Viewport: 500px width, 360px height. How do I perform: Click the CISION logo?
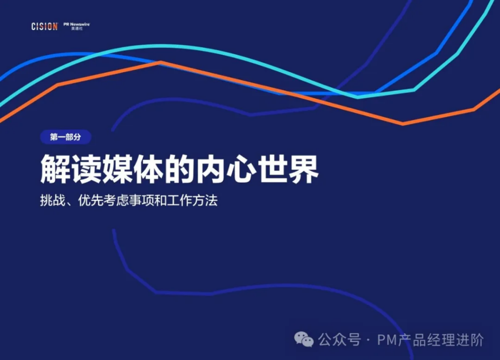click(44, 26)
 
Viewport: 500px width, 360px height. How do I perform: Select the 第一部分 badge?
click(66, 137)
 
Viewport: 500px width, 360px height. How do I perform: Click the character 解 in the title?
click(56, 169)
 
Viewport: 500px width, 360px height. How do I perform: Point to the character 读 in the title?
click(87, 169)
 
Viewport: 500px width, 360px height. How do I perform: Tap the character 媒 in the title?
click(118, 169)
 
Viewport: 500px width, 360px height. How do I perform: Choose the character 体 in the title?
click(148, 169)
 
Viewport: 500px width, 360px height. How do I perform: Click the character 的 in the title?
click(180, 169)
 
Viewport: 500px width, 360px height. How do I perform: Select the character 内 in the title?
click(210, 169)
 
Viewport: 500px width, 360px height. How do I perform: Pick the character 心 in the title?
click(241, 169)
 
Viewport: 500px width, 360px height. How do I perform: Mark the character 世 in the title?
click(272, 169)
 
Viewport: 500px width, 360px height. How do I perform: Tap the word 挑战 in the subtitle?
click(53, 201)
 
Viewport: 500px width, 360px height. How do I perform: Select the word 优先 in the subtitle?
click(90, 201)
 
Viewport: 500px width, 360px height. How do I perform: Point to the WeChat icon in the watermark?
click(304, 339)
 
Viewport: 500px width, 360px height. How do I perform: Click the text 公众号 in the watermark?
click(339, 339)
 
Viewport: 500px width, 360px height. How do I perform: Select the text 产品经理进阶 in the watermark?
click(441, 339)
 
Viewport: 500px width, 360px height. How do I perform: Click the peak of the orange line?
click(160, 62)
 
